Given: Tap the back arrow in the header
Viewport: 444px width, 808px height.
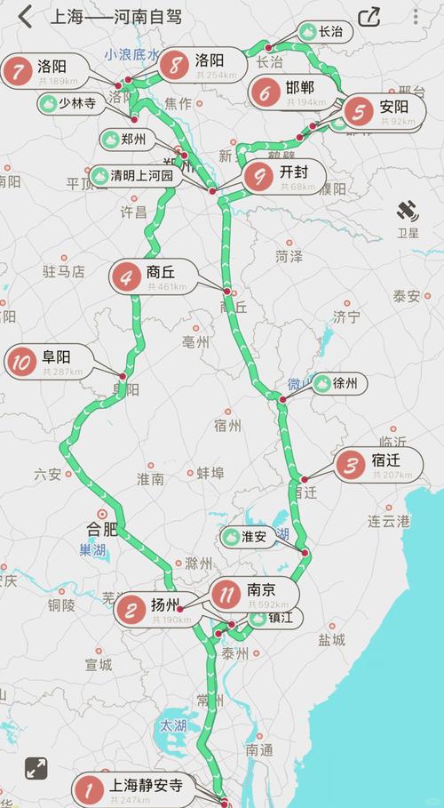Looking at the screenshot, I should tap(25, 16).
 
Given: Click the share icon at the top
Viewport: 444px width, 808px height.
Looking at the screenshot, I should tap(369, 17).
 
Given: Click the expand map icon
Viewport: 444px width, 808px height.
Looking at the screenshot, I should tap(36, 768).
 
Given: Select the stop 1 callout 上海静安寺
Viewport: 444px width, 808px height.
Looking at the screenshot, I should tap(133, 788).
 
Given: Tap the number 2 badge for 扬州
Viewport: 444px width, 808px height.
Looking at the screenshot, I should tap(131, 610).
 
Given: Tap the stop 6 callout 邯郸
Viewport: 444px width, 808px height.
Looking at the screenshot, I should tap(293, 92).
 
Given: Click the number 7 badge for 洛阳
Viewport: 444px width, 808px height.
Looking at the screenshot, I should tap(16, 70).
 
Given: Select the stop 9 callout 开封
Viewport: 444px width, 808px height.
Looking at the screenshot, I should tap(284, 177).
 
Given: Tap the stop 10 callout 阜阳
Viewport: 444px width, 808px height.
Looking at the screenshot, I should tap(52, 362).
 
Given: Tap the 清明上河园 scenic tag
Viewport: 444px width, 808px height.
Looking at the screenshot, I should tap(137, 175).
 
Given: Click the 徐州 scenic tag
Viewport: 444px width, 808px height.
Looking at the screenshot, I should tap(336, 384).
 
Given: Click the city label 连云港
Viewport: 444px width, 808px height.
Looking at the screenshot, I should tap(389, 521).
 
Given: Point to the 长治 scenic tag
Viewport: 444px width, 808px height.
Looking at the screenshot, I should tap(322, 32).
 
